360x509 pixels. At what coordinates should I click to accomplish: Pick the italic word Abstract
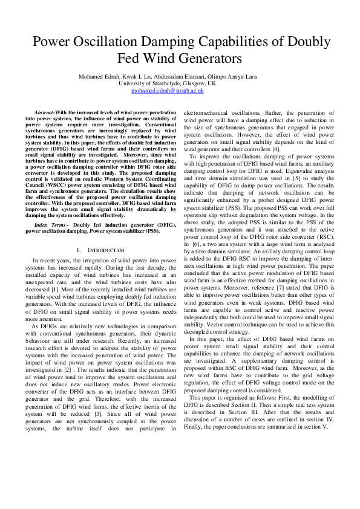pos(45,113)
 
